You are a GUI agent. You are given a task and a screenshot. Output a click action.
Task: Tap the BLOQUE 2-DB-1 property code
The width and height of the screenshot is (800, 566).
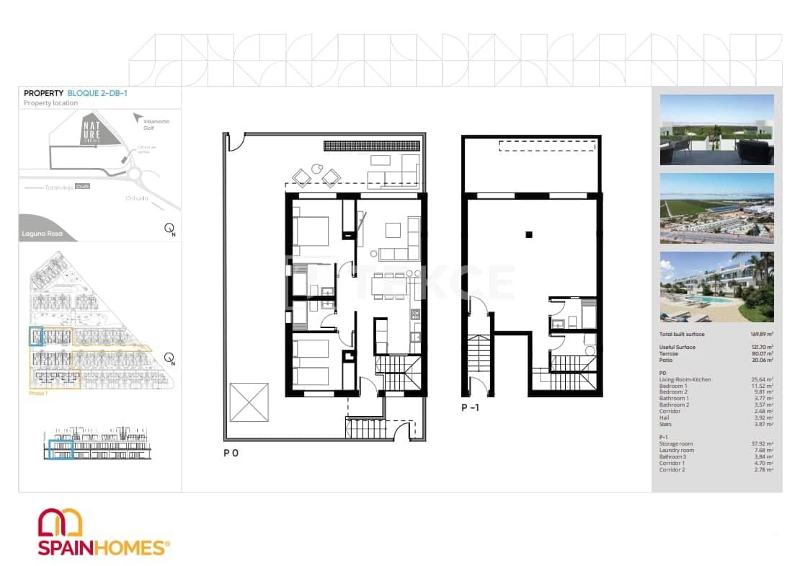(97, 93)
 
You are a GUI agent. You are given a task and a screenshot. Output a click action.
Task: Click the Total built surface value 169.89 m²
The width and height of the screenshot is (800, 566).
(762, 335)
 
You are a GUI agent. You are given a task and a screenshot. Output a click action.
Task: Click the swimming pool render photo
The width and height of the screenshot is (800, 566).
(716, 286)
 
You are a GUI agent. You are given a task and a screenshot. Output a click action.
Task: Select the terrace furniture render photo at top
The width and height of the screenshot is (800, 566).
(716, 130)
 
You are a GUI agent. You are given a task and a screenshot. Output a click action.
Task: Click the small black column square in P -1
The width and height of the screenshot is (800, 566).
(529, 234)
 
